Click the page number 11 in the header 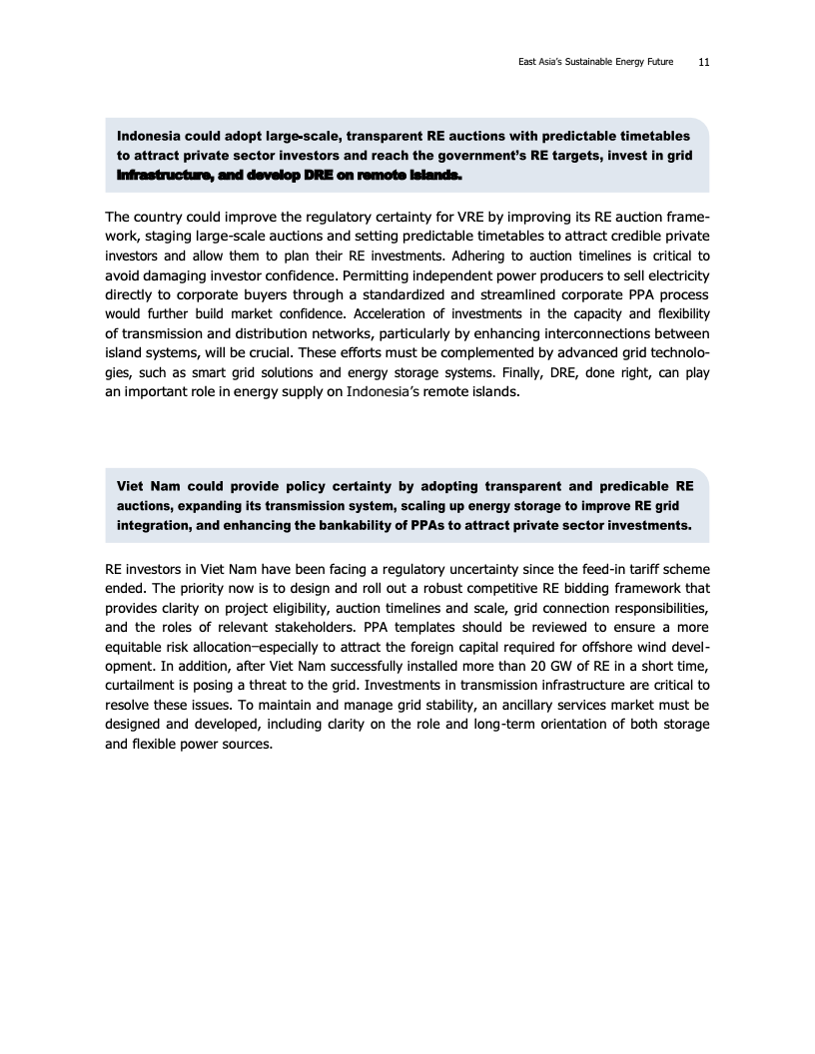pos(704,61)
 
